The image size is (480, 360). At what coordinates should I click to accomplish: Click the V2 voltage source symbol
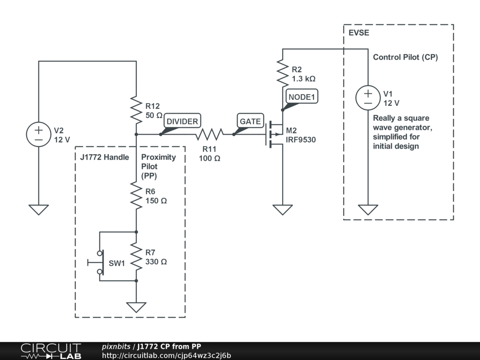tap(38, 135)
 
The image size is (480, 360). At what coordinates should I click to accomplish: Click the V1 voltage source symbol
tap(368, 97)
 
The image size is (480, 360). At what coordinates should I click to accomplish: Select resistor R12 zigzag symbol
tap(136, 110)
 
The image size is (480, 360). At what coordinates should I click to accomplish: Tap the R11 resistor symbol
tap(210, 134)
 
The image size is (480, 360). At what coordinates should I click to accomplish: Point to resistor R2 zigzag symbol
tap(283, 73)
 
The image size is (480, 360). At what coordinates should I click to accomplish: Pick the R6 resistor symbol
tap(136, 195)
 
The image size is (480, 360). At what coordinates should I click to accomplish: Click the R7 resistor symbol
tap(136, 256)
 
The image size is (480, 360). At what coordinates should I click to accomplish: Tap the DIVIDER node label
tap(182, 121)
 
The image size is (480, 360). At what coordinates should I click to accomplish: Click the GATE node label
tap(250, 121)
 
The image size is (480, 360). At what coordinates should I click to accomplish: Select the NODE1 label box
tap(301, 97)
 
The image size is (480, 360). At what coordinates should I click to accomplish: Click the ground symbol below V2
tap(38, 210)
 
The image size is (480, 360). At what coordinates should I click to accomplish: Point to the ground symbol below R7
tap(136, 307)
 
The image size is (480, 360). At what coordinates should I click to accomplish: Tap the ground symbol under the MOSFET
tap(283, 210)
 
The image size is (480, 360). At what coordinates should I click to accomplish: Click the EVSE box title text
tap(359, 33)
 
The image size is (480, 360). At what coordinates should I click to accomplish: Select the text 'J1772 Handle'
tap(105, 157)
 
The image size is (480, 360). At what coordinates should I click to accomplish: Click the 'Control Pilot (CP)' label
tap(405, 57)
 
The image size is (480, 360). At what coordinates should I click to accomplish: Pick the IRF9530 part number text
tap(300, 140)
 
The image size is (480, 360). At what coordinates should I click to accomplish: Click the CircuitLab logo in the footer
tap(51, 351)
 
